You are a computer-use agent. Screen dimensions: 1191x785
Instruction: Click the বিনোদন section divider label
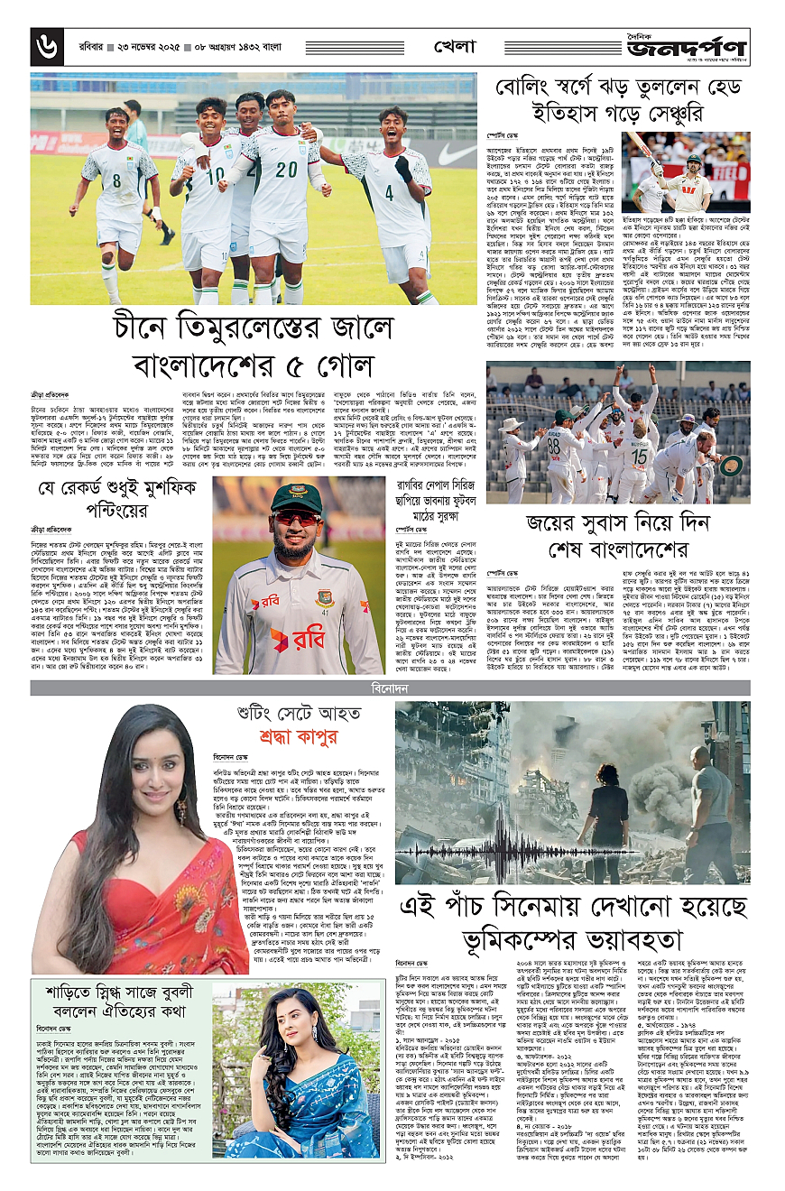pyautogui.click(x=392, y=689)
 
